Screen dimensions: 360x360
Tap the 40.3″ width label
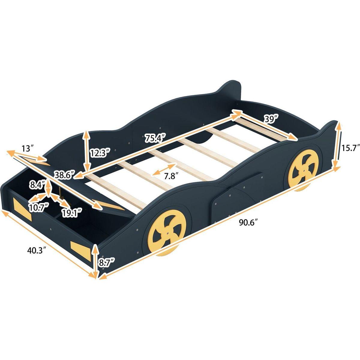[36, 250]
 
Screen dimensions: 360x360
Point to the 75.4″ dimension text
[155, 138]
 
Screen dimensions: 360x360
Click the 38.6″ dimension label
[64, 175]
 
